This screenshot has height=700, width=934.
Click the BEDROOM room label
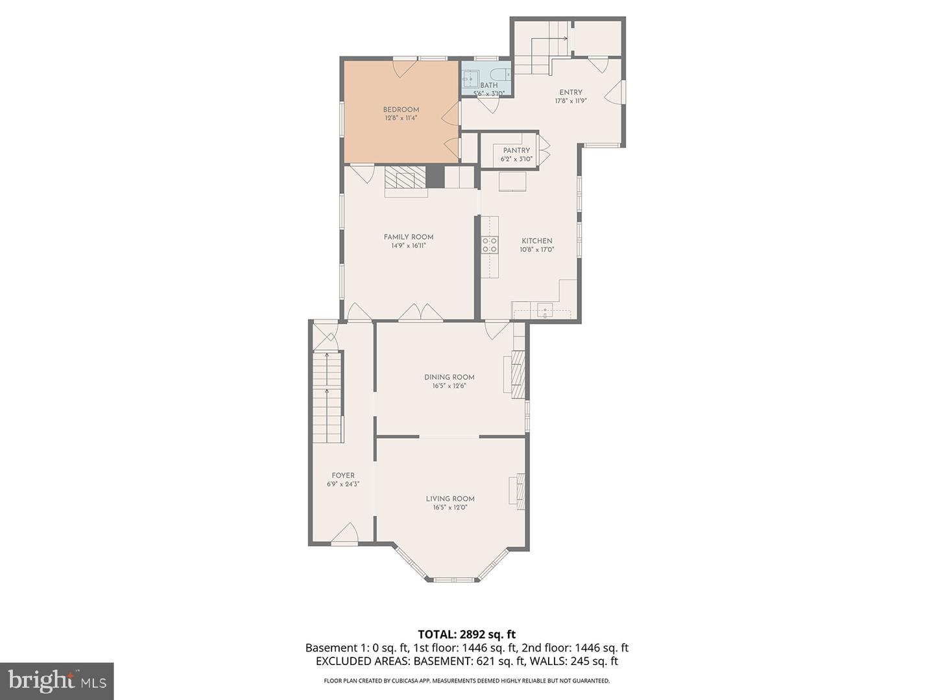[x=401, y=110]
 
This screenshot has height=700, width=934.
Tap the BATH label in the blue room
[x=489, y=86]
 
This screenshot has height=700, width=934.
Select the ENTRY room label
[x=571, y=92]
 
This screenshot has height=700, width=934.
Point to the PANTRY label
[x=516, y=150]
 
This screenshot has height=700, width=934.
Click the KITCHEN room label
[x=536, y=241]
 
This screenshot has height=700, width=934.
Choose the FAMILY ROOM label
[x=408, y=237]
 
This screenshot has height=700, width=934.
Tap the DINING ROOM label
[x=449, y=377]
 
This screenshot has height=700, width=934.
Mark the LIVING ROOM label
[x=450, y=499]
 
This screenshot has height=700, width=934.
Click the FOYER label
[x=343, y=476]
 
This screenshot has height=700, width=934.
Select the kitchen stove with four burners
[x=490, y=244]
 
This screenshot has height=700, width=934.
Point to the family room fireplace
[x=406, y=181]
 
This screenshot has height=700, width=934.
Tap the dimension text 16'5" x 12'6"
[x=449, y=386]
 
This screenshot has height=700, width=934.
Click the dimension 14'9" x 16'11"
[x=408, y=246]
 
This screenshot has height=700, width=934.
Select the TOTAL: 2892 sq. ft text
[x=466, y=635]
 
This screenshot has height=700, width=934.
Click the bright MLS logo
[x=56, y=681]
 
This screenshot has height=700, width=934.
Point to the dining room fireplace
[x=516, y=375]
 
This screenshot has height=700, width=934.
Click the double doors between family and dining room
[x=420, y=313]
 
